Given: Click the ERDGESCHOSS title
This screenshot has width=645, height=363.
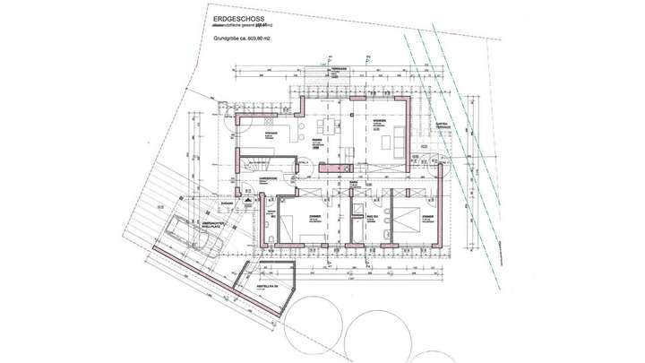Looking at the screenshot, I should (x=239, y=17).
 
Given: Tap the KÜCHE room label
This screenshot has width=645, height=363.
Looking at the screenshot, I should (x=270, y=134).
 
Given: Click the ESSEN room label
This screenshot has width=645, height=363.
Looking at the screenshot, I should (x=318, y=141).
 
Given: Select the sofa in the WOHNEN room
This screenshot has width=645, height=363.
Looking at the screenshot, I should (x=392, y=142).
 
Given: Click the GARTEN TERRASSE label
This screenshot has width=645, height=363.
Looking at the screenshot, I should (x=442, y=125).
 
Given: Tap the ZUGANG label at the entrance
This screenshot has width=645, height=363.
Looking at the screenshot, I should (x=228, y=203).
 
